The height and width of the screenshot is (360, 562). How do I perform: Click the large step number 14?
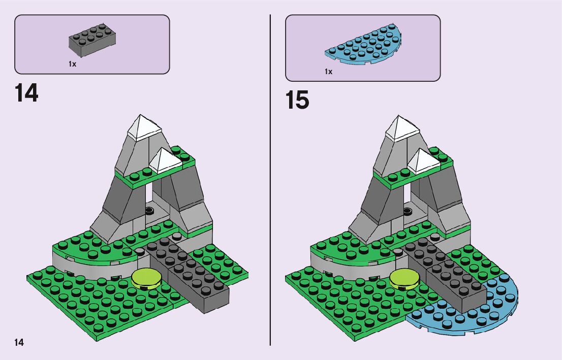pyautogui.click(x=27, y=93)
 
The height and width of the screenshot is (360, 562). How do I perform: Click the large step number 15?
pyautogui.click(x=297, y=100)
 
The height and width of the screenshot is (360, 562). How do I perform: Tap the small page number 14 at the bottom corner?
pyautogui.click(x=19, y=342)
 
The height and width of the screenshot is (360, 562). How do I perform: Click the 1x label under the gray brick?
pyautogui.click(x=72, y=64)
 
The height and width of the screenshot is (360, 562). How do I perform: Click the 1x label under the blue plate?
pyautogui.click(x=328, y=72)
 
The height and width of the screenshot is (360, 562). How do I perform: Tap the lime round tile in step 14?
pyautogui.click(x=146, y=278)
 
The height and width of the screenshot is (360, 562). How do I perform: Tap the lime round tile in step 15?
pyautogui.click(x=404, y=278)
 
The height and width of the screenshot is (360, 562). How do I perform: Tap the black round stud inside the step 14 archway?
pyautogui.click(x=149, y=209)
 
